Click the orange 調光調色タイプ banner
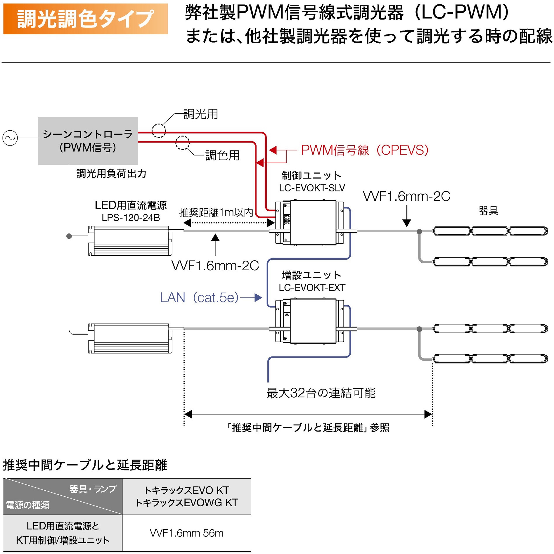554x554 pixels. click(x=85, y=19)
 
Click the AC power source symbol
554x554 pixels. click(x=10, y=138)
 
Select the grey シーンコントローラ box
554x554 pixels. click(x=88, y=141)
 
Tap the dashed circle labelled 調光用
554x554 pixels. click(x=159, y=131)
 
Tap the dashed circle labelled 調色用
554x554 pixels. click(x=182, y=143)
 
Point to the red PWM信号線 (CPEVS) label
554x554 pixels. click(x=364, y=150)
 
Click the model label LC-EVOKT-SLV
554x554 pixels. click(x=312, y=188)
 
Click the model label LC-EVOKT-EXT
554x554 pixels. click(x=312, y=288)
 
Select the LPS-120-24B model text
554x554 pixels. click(x=131, y=218)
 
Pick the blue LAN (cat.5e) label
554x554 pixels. click(x=199, y=298)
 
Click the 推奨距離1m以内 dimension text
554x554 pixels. click(x=216, y=212)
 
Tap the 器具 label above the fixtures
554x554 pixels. click(x=488, y=210)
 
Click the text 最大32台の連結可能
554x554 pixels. click(x=321, y=393)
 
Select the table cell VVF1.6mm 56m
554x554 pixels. click(x=186, y=533)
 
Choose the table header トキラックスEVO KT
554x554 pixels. click(x=186, y=490)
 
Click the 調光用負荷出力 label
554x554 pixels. click(x=111, y=174)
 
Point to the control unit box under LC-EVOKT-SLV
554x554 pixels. click(x=313, y=223)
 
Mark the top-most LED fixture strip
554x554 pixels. click(x=490, y=231)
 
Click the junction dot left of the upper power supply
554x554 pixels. click(x=69, y=236)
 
